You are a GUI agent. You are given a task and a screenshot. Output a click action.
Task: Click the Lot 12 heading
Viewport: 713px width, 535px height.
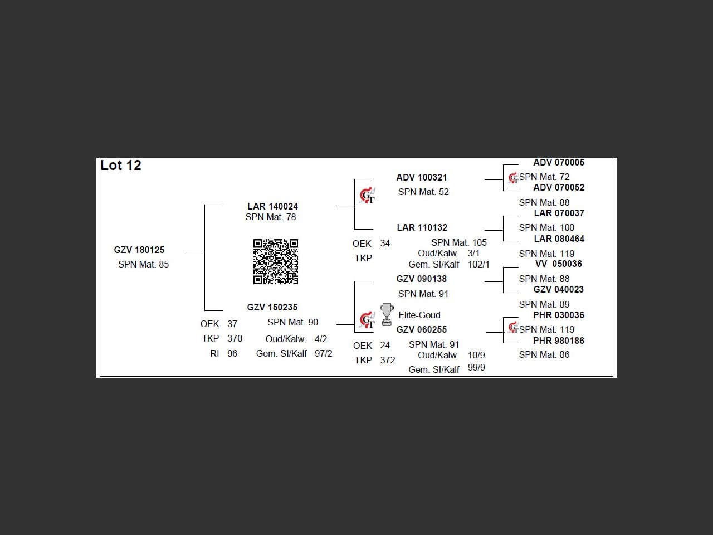pyautogui.click(x=121, y=166)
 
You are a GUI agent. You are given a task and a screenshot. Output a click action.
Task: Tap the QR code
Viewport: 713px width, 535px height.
pyautogui.click(x=276, y=261)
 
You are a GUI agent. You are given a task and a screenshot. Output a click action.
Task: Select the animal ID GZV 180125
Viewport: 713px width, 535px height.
pyautogui.click(x=139, y=250)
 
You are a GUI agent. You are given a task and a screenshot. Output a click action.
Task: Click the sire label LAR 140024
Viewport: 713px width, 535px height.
pyautogui.click(x=272, y=206)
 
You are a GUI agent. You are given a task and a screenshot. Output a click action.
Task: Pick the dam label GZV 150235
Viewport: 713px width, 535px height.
pyautogui.click(x=272, y=307)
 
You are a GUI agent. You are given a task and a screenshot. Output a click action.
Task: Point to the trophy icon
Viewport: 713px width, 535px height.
pyautogui.click(x=387, y=314)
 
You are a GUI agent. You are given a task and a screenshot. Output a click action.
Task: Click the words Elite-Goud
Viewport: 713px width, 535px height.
pyautogui.click(x=419, y=315)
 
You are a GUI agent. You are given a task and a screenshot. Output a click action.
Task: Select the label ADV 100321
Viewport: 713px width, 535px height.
pyautogui.click(x=422, y=177)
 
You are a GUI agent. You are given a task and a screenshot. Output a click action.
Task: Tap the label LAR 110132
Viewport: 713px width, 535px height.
pyautogui.click(x=422, y=227)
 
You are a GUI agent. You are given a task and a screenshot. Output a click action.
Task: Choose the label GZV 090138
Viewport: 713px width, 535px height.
pyautogui.click(x=421, y=279)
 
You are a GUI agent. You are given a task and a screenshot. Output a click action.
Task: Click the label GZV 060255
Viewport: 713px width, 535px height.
pyautogui.click(x=421, y=329)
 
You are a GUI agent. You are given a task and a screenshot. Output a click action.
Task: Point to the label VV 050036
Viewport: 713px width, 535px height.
pyautogui.click(x=558, y=264)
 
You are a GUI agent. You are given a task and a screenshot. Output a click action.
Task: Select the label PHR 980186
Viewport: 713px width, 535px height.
pyautogui.click(x=559, y=341)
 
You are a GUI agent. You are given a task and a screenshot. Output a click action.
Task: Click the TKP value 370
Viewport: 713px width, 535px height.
pyautogui.click(x=235, y=338)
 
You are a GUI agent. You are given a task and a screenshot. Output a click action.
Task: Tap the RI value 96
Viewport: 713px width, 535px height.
pyautogui.click(x=232, y=353)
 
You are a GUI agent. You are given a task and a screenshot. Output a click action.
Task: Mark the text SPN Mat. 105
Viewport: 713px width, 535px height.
pyautogui.click(x=458, y=242)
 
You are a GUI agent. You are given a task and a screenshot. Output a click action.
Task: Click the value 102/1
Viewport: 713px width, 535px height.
pyautogui.click(x=478, y=264)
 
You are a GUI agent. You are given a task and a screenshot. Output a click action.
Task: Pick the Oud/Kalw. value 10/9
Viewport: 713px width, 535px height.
pyautogui.click(x=476, y=355)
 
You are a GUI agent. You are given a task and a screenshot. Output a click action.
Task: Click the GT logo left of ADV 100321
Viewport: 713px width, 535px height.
pyautogui.click(x=367, y=196)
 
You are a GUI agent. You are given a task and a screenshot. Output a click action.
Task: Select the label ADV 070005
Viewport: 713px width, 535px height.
pyautogui.click(x=559, y=162)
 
